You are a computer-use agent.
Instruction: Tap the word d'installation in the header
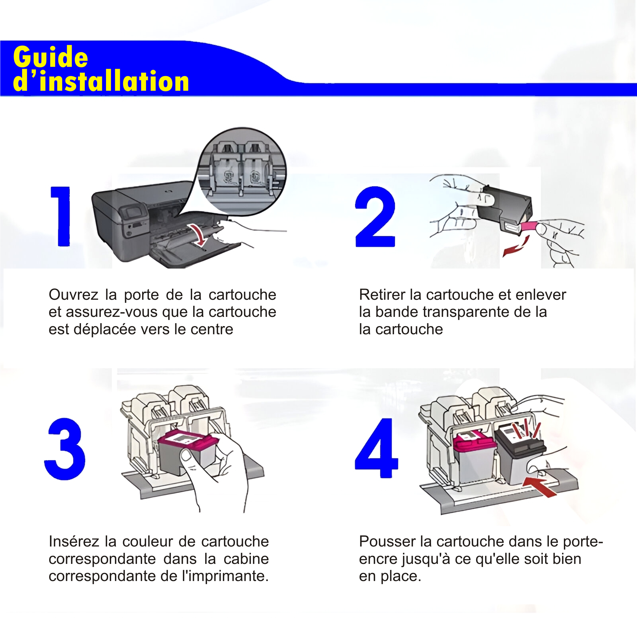tap(101, 81)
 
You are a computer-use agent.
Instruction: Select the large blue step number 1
tap(60, 216)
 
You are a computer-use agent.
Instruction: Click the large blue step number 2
tap(375, 217)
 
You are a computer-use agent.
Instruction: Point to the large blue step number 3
tap(65, 449)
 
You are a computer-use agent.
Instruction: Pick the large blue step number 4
tap(377, 448)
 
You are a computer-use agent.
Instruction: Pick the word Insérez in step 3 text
tap(73, 542)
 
